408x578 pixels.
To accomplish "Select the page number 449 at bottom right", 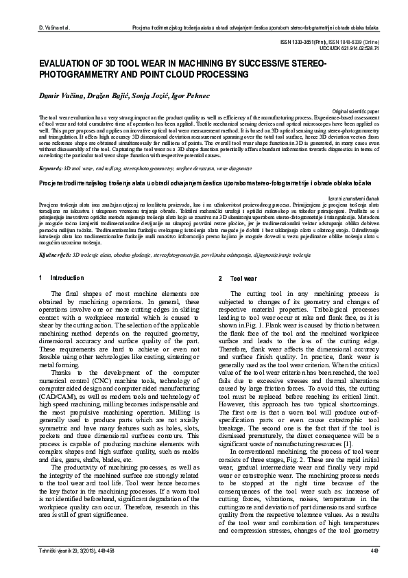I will pyautogui.click(x=374, y=552).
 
